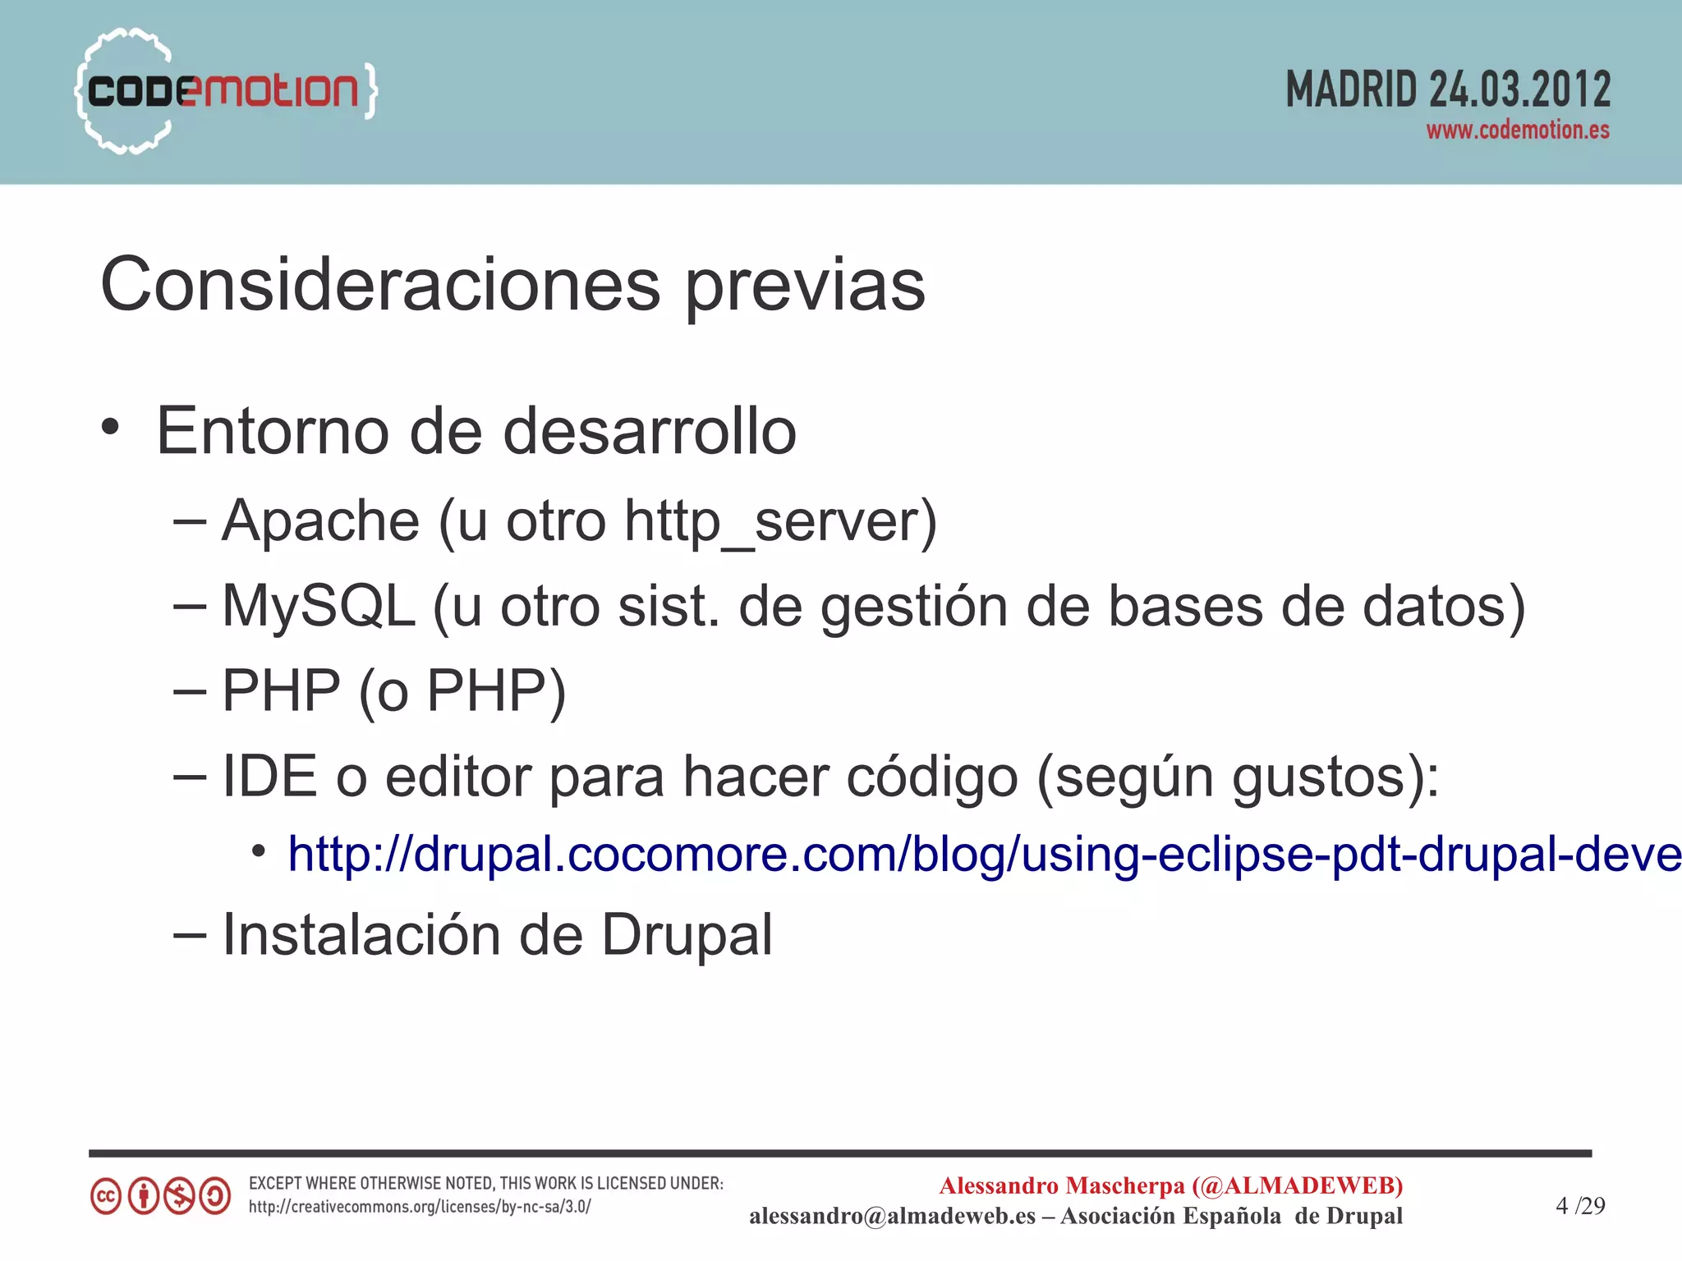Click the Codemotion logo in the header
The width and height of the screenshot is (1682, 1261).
click(x=226, y=90)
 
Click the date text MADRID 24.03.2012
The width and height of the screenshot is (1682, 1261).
click(x=1447, y=89)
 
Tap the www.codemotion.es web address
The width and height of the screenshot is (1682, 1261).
click(x=1517, y=131)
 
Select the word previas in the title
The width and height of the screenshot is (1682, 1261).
click(x=805, y=285)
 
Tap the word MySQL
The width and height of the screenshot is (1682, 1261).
click(x=319, y=607)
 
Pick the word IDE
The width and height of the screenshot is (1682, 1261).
click(x=269, y=776)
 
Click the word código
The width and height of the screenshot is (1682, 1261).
click(x=931, y=777)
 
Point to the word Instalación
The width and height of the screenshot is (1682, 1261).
click(x=361, y=935)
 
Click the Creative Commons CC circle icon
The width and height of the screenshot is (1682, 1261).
click(x=106, y=1196)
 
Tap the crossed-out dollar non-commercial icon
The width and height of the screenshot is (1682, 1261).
click(x=179, y=1196)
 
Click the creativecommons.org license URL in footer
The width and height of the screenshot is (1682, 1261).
click(x=420, y=1207)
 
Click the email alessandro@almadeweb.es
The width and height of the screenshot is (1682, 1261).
click(x=892, y=1216)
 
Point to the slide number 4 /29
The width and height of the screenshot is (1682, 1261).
click(x=1579, y=1205)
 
